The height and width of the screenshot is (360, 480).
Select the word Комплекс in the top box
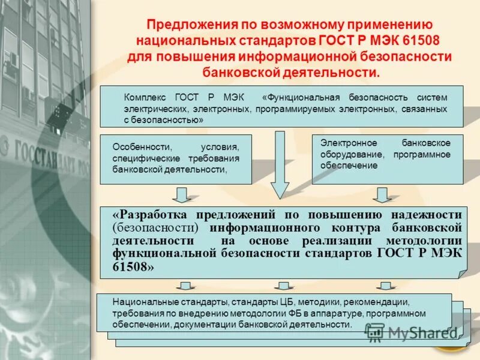144,97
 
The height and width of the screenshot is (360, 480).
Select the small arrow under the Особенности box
181,194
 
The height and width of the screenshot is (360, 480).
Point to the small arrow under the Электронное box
380,194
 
